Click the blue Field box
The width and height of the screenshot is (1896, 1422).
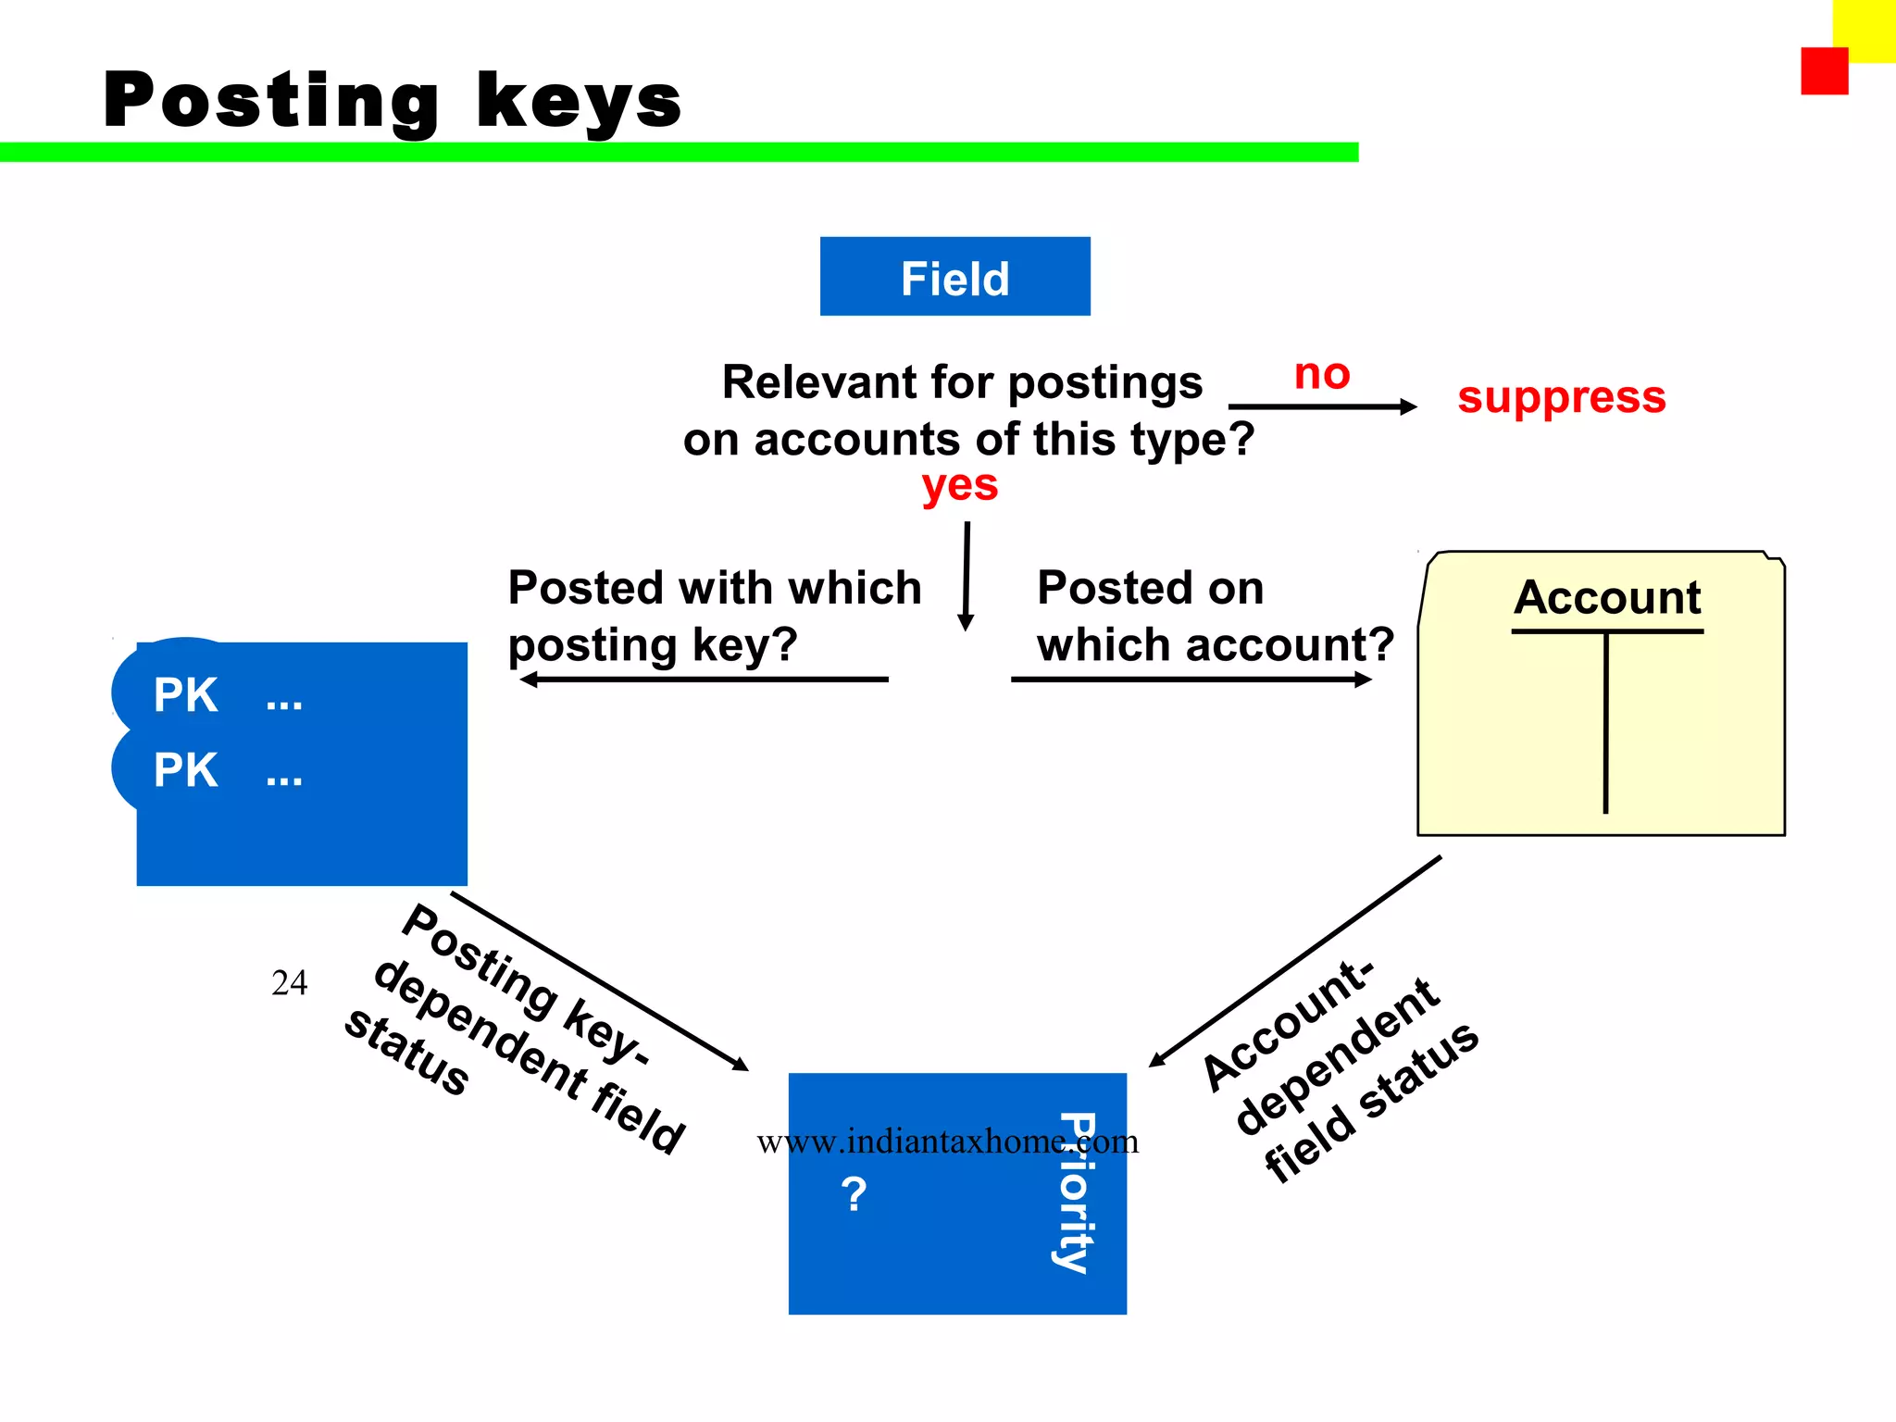[x=954, y=277]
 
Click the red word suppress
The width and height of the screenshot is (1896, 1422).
[x=1561, y=398]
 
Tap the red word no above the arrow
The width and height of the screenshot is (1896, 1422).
[x=1321, y=375]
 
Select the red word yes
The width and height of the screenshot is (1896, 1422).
[x=959, y=485]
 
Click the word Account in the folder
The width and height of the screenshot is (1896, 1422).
[x=1607, y=597]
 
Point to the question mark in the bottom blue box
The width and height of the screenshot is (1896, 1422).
[x=854, y=1194]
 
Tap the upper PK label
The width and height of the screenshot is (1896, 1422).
[x=185, y=694]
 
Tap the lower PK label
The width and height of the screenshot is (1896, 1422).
[x=185, y=770]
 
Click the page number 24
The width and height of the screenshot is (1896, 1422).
[x=289, y=982]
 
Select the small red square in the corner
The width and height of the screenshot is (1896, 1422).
[x=1824, y=71]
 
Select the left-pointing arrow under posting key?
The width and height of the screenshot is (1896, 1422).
[x=704, y=680]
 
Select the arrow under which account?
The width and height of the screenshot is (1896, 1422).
[x=1191, y=680]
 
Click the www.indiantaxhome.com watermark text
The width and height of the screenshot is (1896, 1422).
[x=947, y=1141]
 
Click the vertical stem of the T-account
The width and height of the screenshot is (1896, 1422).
[x=1605, y=722]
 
